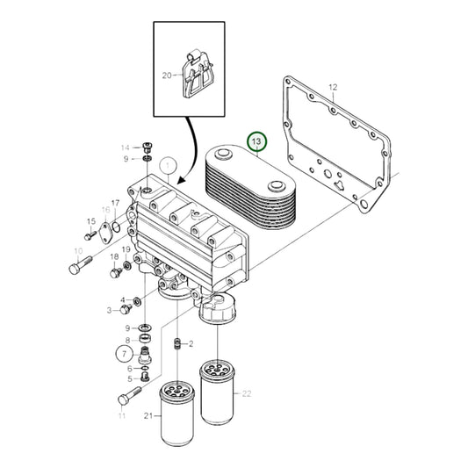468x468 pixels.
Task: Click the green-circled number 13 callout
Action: pyautogui.click(x=256, y=140)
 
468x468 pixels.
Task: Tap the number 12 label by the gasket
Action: pyautogui.click(x=333, y=87)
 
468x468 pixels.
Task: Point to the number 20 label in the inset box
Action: pyautogui.click(x=168, y=76)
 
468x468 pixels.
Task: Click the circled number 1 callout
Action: pyautogui.click(x=167, y=165)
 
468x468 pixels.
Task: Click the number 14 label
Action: pyautogui.click(x=124, y=147)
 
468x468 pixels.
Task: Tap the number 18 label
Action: pyautogui.click(x=113, y=256)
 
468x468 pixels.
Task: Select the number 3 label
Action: pyautogui.click(x=110, y=310)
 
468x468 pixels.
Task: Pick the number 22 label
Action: pyautogui.click(x=246, y=369)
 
